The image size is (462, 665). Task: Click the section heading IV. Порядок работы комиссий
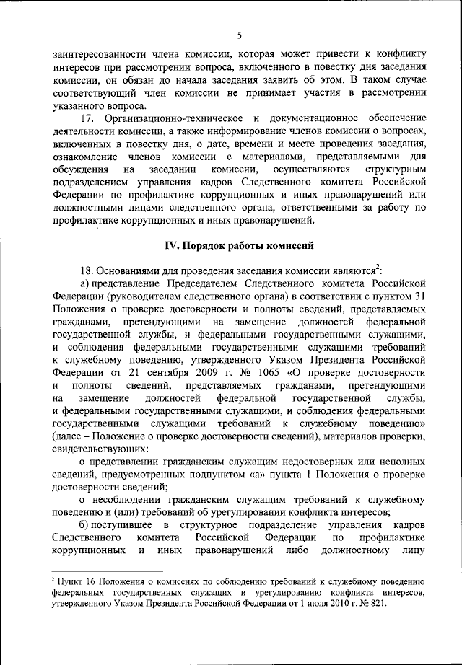pyautogui.click(x=238, y=245)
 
